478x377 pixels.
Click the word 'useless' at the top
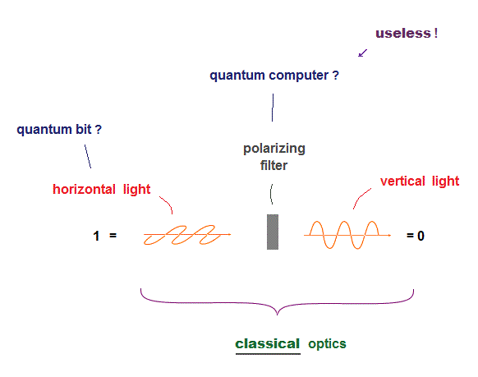[x=402, y=33]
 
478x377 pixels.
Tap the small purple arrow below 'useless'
[x=362, y=53]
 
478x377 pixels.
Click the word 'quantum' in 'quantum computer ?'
[x=237, y=76]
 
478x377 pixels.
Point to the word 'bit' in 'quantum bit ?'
[x=84, y=129]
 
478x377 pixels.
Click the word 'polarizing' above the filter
[x=274, y=149]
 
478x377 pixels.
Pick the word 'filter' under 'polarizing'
[x=273, y=165]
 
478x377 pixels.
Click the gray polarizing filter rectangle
[x=273, y=232]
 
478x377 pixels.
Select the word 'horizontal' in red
[x=84, y=189]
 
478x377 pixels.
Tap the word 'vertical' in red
[x=402, y=182]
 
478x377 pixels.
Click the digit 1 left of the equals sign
[x=96, y=236]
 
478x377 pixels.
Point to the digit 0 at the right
[x=421, y=236]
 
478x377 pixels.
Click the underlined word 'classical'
[x=268, y=344]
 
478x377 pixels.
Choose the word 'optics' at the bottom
[x=327, y=344]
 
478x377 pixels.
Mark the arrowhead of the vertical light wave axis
[x=389, y=235]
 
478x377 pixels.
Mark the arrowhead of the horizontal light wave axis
[x=229, y=234]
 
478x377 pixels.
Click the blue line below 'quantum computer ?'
[x=273, y=108]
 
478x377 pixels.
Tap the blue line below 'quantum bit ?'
[x=88, y=156]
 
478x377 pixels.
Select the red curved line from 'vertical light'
[x=361, y=197]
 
